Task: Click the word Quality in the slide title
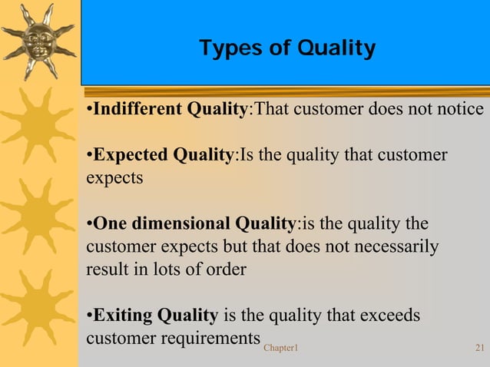point(338,49)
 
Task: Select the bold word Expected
point(128,155)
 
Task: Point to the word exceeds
point(392,316)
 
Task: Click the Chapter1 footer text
point(280,349)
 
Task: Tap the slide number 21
point(479,349)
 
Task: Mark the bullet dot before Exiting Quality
point(89,316)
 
